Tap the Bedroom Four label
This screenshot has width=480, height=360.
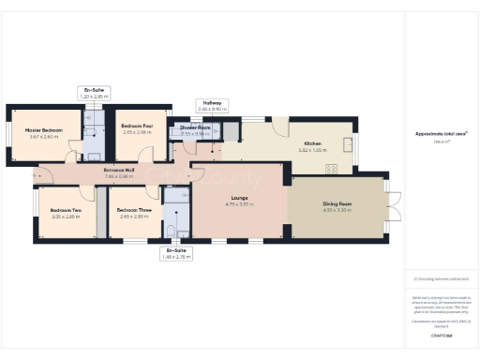(137, 126)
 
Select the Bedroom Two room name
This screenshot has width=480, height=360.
(66, 210)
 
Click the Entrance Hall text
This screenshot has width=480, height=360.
(119, 170)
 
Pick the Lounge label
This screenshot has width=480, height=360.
(237, 198)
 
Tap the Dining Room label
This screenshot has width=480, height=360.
(337, 204)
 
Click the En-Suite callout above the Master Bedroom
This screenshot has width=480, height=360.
(94, 90)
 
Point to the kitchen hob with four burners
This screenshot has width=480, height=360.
(331, 169)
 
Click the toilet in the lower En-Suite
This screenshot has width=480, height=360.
(170, 229)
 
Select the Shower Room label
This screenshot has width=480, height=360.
(195, 128)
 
